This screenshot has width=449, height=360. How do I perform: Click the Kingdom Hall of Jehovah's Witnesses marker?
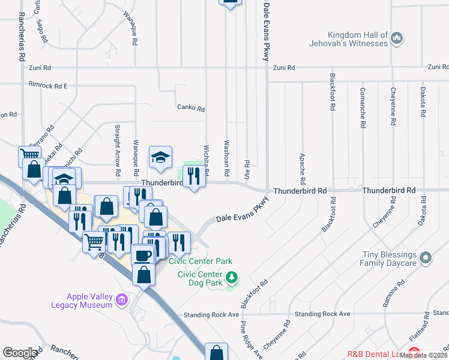[x=396, y=40]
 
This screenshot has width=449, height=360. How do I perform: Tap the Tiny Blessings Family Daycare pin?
[x=426, y=258]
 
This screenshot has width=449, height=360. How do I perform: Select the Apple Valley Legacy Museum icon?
[x=122, y=299]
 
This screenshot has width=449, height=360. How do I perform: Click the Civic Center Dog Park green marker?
[x=232, y=278]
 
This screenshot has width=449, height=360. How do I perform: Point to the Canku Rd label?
[x=191, y=109]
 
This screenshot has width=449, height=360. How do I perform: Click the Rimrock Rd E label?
[x=48, y=86]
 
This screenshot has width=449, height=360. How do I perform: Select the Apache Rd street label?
[x=303, y=169]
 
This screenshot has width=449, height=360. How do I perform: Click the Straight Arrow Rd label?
[x=118, y=145]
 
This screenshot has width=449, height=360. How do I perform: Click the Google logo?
[x=20, y=353]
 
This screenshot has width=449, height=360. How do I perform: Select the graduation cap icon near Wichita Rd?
[x=160, y=157]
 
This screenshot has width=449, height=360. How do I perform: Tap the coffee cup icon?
[x=143, y=254]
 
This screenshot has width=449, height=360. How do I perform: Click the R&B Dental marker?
[x=413, y=353]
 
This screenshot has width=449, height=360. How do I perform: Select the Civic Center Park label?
[x=200, y=261]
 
